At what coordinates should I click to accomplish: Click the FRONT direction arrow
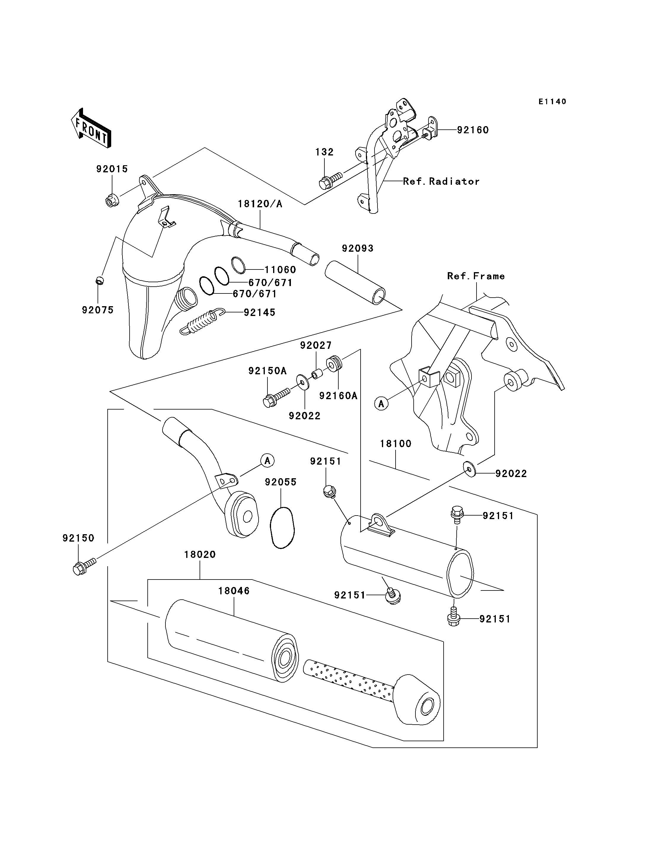pyautogui.click(x=91, y=128)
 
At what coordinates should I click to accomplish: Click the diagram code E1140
pyautogui.click(x=552, y=102)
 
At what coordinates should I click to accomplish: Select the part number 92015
pyautogui.click(x=112, y=169)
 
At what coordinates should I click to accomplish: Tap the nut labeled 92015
pyautogui.click(x=112, y=200)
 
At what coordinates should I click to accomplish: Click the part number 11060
pyautogui.click(x=280, y=270)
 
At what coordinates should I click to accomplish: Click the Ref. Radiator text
pyautogui.click(x=441, y=181)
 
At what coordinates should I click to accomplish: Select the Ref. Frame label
pyautogui.click(x=476, y=276)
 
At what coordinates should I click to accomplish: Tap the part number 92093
pyautogui.click(x=358, y=248)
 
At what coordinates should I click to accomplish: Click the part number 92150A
pyautogui.click(x=267, y=371)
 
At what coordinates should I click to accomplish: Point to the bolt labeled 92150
pyautogui.click(x=84, y=565)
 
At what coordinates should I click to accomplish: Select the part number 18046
pyautogui.click(x=234, y=591)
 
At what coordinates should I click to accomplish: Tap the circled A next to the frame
pyautogui.click(x=381, y=404)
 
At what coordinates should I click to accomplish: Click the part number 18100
pyautogui.click(x=395, y=444)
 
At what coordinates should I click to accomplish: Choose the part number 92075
pyautogui.click(x=98, y=310)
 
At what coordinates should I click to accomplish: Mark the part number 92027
pyautogui.click(x=316, y=345)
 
